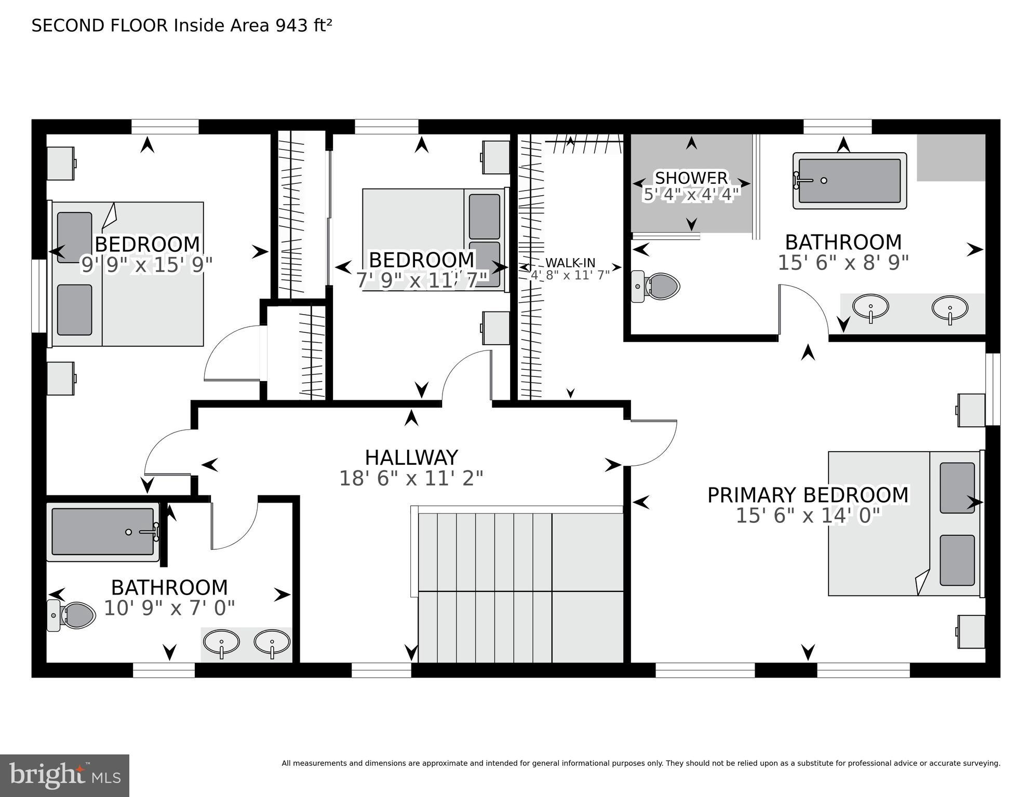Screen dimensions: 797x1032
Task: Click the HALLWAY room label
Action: click(x=411, y=457)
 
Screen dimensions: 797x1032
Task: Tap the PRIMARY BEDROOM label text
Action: click(x=808, y=495)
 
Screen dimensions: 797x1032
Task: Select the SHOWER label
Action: click(x=691, y=178)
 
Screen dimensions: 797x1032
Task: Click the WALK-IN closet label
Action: click(x=570, y=263)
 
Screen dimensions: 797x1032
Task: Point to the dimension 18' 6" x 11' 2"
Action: click(x=411, y=478)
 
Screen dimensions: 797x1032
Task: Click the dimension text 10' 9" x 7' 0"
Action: click(x=169, y=608)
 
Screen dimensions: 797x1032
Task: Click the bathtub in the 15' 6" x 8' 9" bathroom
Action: click(x=849, y=181)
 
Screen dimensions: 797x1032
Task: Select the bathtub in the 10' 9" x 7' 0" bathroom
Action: click(x=103, y=532)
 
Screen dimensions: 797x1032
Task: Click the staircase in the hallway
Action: click(x=519, y=587)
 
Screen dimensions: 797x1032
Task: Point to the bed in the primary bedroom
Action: click(x=904, y=523)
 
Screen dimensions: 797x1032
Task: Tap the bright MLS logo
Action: click(x=64, y=775)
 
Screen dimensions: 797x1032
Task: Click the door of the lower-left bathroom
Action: click(x=234, y=524)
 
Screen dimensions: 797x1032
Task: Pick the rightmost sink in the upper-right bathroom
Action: click(x=949, y=308)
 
